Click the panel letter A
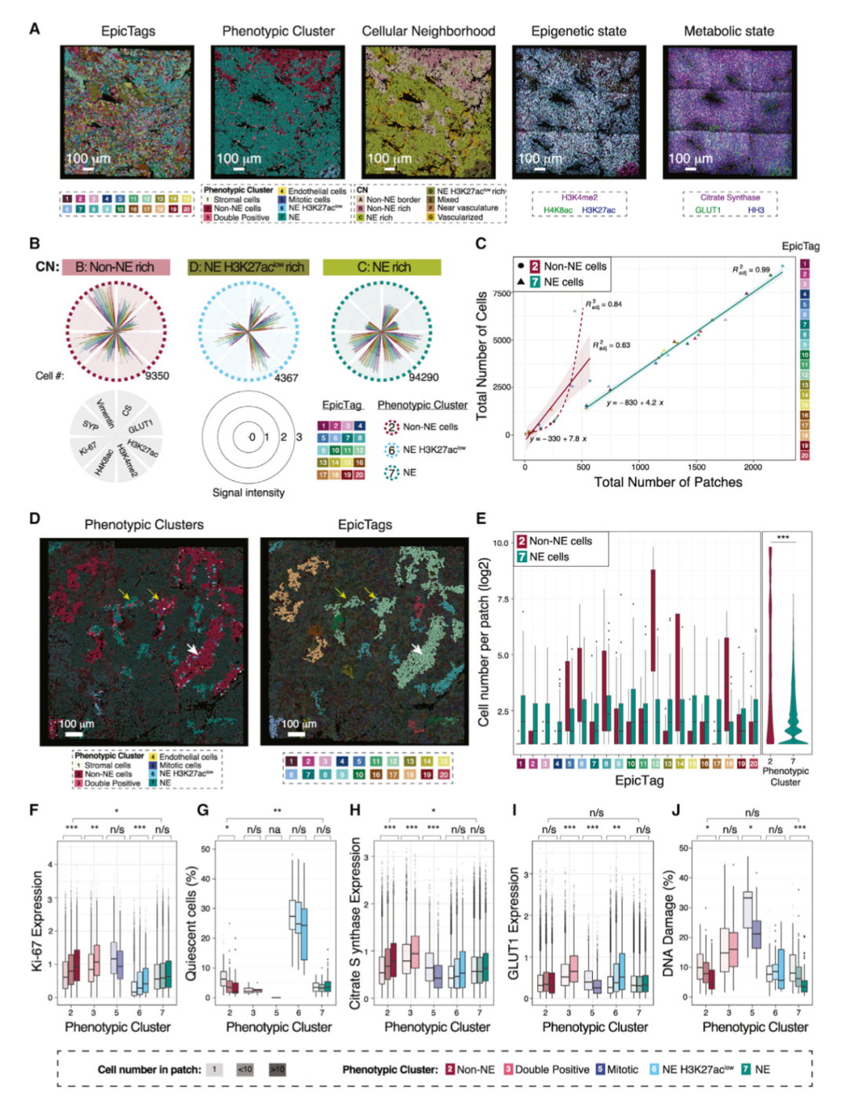35,29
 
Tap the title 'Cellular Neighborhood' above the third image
428,31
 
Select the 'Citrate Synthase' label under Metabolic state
730,198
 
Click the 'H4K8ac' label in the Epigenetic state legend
558,210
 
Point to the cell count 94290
423,377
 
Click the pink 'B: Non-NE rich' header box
116,267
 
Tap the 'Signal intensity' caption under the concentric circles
249,492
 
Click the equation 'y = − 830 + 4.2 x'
634,403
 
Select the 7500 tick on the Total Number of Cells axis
500,293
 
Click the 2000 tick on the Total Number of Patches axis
753,467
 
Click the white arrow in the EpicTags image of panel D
417,649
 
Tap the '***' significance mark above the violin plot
783,538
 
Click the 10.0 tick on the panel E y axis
500,543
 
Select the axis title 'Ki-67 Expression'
37,921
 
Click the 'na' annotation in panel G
275,829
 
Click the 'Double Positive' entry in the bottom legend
552,1070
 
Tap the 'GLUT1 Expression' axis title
514,923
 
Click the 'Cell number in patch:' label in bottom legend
149,1070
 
